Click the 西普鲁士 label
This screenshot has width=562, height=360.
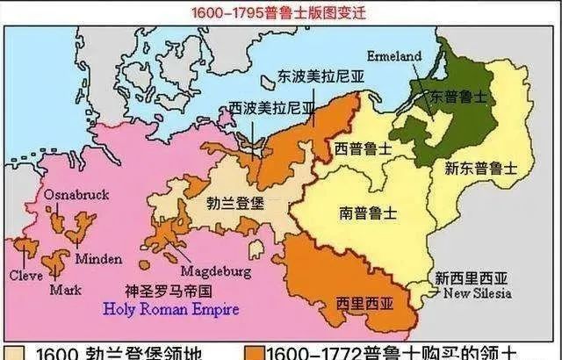(x=363, y=149)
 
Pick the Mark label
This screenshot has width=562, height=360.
(x=66, y=289)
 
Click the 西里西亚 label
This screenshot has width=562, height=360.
(x=361, y=303)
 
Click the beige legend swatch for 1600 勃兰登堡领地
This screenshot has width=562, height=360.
(x=12, y=353)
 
